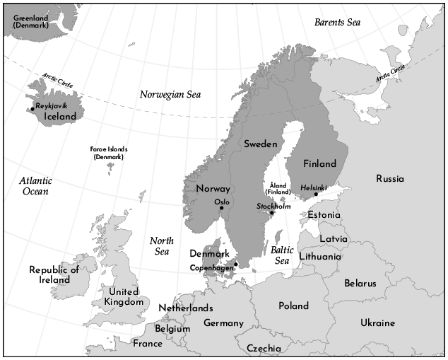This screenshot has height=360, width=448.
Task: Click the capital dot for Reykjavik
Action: point(33,108)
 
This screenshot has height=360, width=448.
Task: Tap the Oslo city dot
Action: point(222,208)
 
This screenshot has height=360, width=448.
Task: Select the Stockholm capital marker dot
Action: point(271,213)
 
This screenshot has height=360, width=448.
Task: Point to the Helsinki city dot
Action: point(316,194)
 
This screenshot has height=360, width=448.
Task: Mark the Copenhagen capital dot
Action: point(236,265)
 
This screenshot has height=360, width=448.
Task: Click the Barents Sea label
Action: point(338,22)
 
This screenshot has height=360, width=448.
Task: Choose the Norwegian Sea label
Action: point(170,94)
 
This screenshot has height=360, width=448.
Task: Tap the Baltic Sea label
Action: point(282,255)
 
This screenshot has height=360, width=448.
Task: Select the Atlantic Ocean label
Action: point(35,186)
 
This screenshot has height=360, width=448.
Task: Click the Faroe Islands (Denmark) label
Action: point(108,153)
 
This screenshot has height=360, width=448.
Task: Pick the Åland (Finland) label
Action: point(278,187)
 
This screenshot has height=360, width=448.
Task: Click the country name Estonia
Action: point(324,214)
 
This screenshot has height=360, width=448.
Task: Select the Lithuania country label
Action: point(319,256)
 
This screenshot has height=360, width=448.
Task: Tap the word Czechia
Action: point(264,348)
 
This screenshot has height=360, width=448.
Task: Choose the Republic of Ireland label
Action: point(54,274)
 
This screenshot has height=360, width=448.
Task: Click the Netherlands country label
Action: point(185,308)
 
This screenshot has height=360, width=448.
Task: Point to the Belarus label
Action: point(360,283)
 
